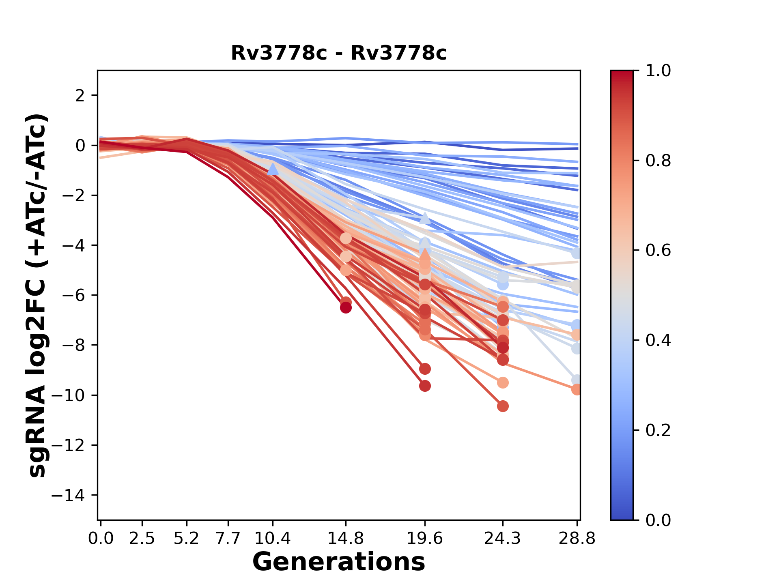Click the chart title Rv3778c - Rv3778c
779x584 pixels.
(339, 53)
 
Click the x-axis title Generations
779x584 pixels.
(339, 562)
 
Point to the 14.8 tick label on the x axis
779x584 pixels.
(345, 538)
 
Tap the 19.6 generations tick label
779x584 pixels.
(425, 538)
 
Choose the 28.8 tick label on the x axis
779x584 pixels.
(577, 538)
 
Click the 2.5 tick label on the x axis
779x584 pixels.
(142, 538)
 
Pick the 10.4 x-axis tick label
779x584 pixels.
(273, 538)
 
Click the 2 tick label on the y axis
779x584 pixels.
(80, 96)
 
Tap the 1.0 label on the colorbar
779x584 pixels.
(658, 71)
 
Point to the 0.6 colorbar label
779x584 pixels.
(658, 251)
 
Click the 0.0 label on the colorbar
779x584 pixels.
(658, 520)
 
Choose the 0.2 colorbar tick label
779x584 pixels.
(658, 430)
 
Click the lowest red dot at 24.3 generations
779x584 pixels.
(503, 406)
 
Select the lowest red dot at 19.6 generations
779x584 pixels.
(425, 386)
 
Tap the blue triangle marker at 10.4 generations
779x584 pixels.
(273, 169)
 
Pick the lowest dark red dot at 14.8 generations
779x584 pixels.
(346, 308)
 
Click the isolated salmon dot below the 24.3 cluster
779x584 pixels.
(503, 382)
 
